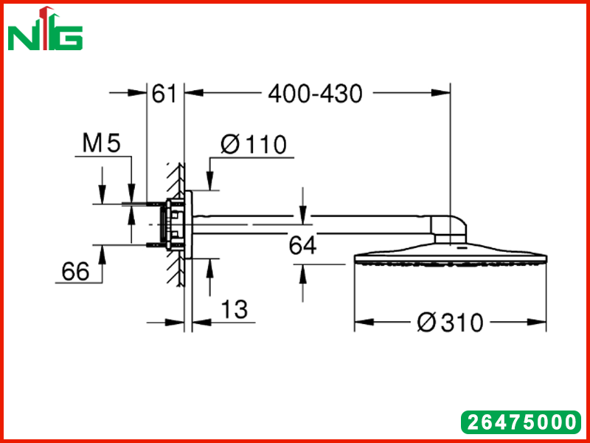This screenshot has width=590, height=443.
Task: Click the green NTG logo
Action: (x=45, y=29)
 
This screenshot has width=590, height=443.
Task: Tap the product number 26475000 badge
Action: (x=521, y=422)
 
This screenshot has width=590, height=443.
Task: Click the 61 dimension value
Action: (x=164, y=94)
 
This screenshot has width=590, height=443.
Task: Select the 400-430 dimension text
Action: (x=316, y=94)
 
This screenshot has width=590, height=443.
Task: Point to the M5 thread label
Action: (x=102, y=143)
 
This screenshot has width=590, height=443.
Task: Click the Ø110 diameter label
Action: (x=254, y=145)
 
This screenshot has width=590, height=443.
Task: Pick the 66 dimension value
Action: (x=76, y=271)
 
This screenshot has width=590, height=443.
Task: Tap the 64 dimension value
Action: (x=302, y=246)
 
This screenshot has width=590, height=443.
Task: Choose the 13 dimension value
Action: (x=234, y=309)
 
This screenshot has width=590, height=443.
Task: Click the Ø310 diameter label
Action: (x=450, y=323)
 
